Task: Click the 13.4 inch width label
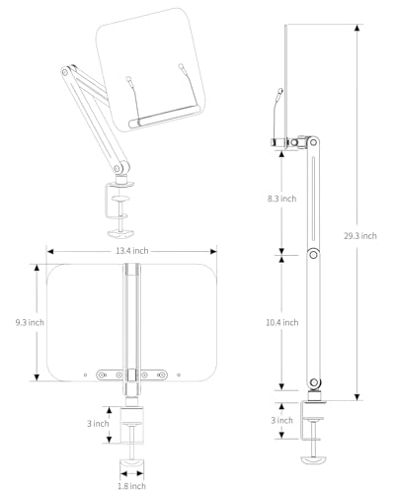click(x=131, y=251)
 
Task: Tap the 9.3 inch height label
click(x=30, y=322)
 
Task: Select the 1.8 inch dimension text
click(x=131, y=486)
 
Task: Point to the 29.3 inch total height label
click(x=360, y=236)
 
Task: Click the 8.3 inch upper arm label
click(x=281, y=199)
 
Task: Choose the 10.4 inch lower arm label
click(x=282, y=322)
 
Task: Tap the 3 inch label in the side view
click(x=281, y=420)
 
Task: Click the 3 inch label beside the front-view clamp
click(x=98, y=424)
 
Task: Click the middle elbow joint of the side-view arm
click(x=314, y=254)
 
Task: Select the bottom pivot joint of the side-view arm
click(x=314, y=382)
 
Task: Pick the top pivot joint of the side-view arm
click(x=313, y=142)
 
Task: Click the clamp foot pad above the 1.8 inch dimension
click(x=131, y=463)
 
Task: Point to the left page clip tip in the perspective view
click(x=128, y=79)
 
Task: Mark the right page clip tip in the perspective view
click(x=181, y=66)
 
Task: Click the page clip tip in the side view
click(x=280, y=90)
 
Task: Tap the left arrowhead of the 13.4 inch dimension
click(x=50, y=252)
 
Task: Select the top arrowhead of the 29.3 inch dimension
click(x=357, y=28)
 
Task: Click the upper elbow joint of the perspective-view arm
click(x=65, y=71)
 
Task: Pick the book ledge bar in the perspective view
click(x=164, y=116)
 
